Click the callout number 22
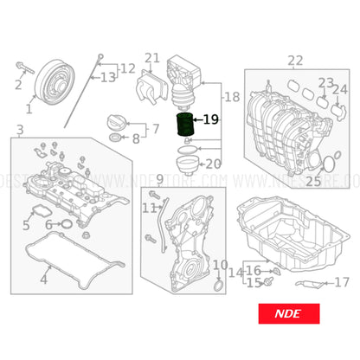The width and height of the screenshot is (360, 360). (295, 60)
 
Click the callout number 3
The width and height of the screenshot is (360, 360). (19, 131)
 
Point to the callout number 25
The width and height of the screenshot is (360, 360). (312, 181)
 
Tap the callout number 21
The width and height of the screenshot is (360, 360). (152, 59)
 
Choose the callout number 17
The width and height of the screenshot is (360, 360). (342, 281)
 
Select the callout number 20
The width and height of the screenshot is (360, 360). (213, 163)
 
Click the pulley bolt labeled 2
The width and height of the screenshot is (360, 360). (17, 85)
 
